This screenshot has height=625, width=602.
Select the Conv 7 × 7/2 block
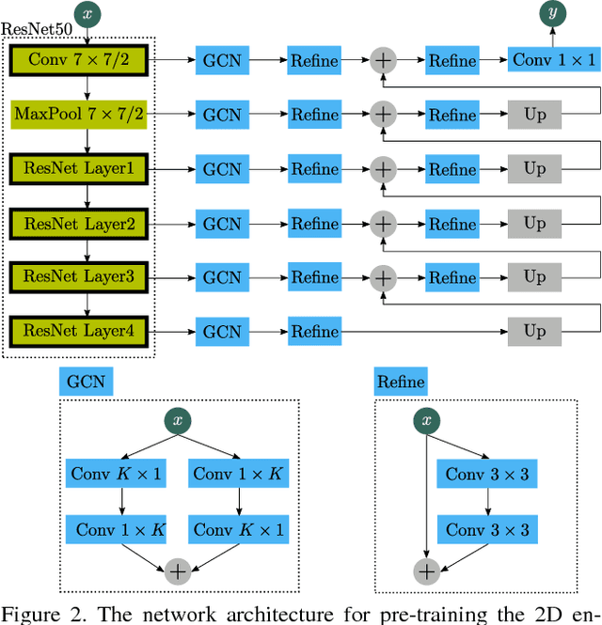[x=86, y=61]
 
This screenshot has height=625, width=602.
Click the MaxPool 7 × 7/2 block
[x=86, y=116]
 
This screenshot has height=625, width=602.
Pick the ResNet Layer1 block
[x=86, y=170]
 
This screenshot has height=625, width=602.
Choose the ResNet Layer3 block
[x=86, y=277]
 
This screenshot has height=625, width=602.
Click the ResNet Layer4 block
[x=86, y=331]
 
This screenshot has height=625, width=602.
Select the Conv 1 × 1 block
[x=553, y=61]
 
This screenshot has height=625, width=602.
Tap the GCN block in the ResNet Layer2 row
[x=222, y=224]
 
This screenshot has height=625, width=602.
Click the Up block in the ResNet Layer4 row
[x=534, y=331]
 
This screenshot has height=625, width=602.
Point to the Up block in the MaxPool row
[x=534, y=116]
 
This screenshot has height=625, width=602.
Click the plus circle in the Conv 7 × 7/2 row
[x=382, y=61]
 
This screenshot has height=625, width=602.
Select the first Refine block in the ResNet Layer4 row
[x=314, y=331]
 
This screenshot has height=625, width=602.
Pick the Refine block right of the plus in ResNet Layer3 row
[x=452, y=277]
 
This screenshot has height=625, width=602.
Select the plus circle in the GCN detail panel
[x=178, y=570]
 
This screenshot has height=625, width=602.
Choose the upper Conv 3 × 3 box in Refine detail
[x=486, y=474]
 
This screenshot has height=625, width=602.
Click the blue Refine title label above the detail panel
[x=401, y=382]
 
